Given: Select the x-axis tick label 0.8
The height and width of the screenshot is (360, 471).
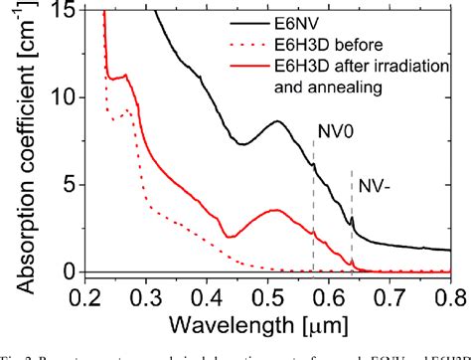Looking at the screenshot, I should [447, 295].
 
